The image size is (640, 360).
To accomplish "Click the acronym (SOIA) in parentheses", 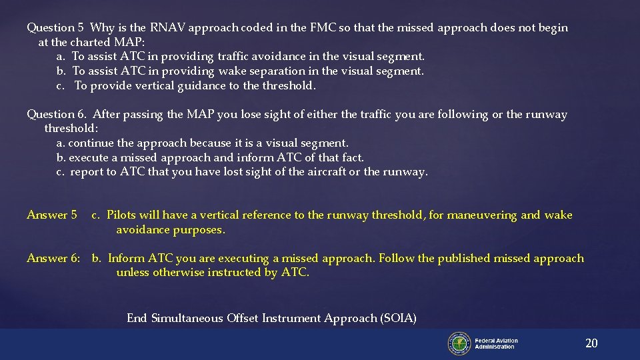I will click(x=397, y=319).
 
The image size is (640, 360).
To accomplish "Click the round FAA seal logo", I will click(x=459, y=343).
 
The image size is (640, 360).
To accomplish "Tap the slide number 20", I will click(x=591, y=343).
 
